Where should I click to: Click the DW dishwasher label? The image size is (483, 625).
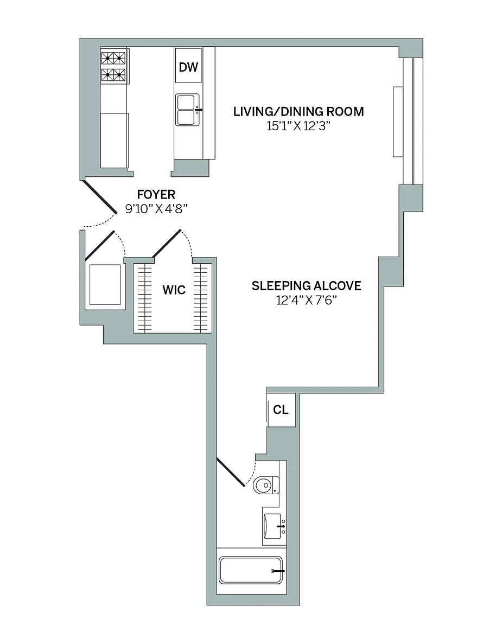[x=188, y=67]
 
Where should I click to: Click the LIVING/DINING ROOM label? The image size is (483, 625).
[x=298, y=111]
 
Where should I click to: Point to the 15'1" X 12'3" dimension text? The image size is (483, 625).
[x=298, y=126]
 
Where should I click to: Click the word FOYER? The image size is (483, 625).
[x=156, y=195]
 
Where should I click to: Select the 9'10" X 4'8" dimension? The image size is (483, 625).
[x=156, y=208]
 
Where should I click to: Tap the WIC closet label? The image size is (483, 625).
[x=174, y=290]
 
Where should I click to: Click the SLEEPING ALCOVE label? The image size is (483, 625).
[x=306, y=286]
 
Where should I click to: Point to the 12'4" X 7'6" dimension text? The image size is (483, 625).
[x=306, y=300]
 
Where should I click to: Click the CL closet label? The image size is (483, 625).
[x=281, y=410]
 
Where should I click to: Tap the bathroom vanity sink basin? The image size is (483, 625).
[x=274, y=526]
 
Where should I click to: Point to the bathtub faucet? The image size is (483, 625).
[x=278, y=571]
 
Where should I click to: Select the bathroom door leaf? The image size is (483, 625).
[x=231, y=473]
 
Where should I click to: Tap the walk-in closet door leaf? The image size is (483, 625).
[x=166, y=244]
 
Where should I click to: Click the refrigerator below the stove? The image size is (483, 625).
[x=115, y=140]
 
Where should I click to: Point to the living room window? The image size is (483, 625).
[x=408, y=122]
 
